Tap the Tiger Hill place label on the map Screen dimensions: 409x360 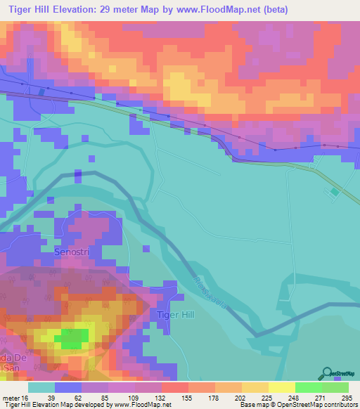173,314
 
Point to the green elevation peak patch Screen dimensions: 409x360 72,339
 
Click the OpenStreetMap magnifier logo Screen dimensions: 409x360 327,373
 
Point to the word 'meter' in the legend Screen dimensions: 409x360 12,398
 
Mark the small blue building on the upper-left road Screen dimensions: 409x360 42,92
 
